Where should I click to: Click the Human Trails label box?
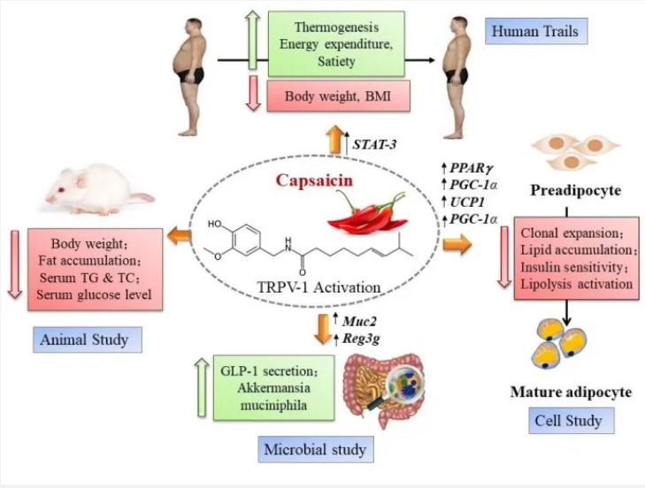coord(537,33)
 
